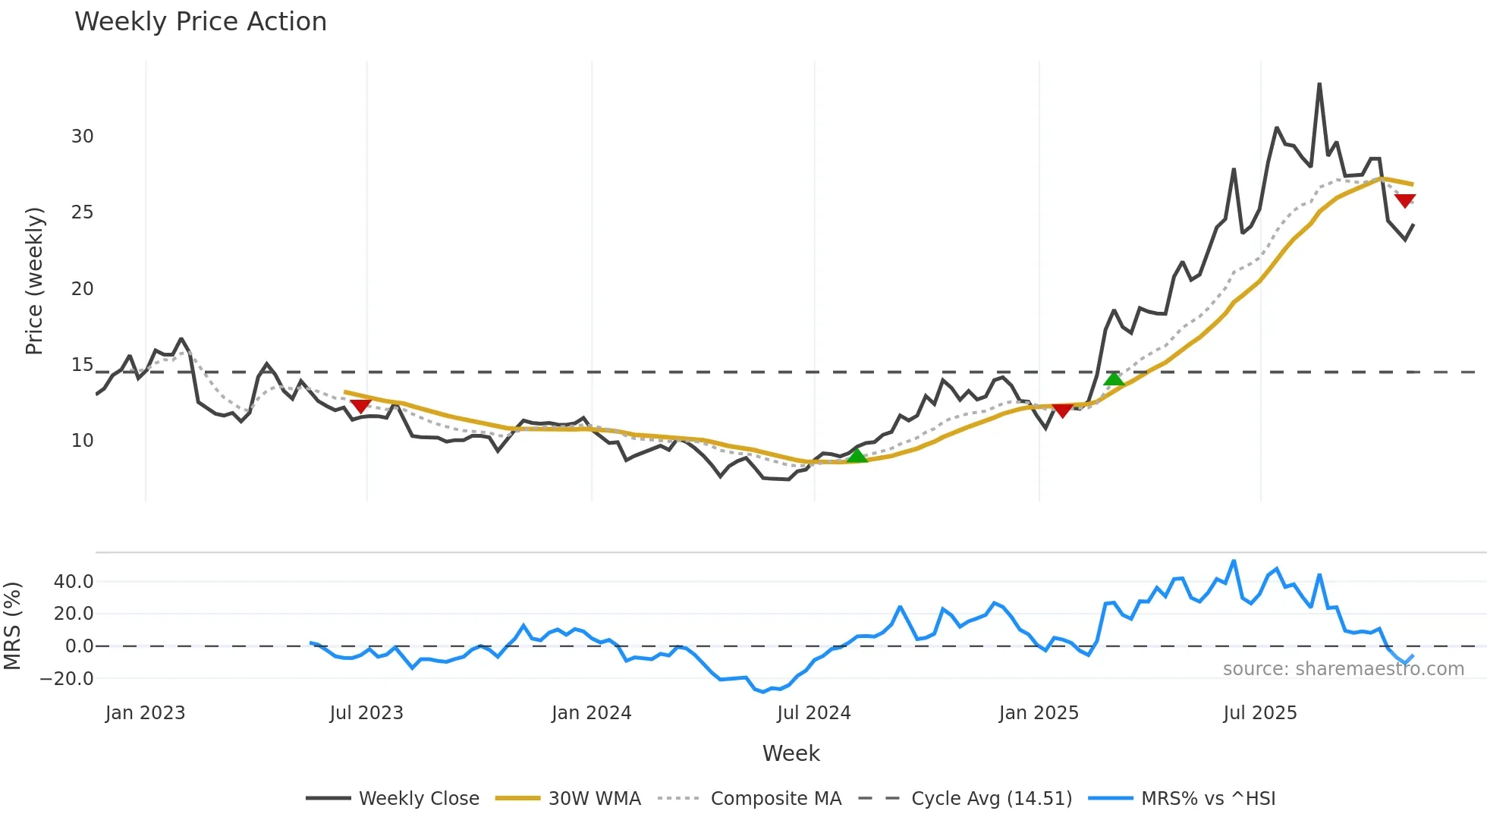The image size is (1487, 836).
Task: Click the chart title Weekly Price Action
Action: (200, 22)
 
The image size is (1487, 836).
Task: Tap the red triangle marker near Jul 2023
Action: (360, 406)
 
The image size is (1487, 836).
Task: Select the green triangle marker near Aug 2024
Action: (857, 455)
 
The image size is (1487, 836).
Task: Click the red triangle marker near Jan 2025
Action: (1063, 410)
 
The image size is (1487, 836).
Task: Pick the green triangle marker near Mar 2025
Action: (1114, 379)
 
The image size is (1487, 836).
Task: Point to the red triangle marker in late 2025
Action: (1405, 201)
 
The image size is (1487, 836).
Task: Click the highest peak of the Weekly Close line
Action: (1319, 84)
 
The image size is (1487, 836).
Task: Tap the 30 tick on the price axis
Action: (82, 137)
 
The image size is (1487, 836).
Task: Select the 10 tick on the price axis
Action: (82, 441)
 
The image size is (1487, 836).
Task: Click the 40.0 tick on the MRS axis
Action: (73, 582)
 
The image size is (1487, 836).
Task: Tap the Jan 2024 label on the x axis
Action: (591, 713)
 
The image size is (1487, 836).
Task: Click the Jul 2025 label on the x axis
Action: (1259, 713)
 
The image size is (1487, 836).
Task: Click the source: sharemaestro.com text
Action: (1343, 669)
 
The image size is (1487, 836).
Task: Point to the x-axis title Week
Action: (791, 753)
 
